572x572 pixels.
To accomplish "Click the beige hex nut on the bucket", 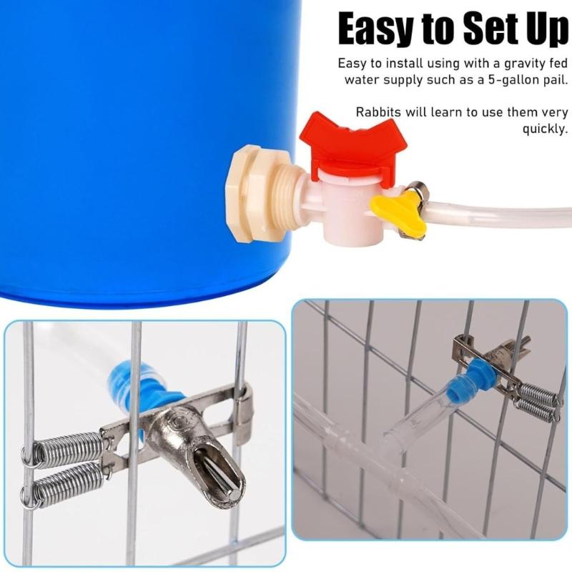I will (247, 193).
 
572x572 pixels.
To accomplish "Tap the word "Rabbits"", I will (379, 112).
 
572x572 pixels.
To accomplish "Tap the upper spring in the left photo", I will (64, 450).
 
